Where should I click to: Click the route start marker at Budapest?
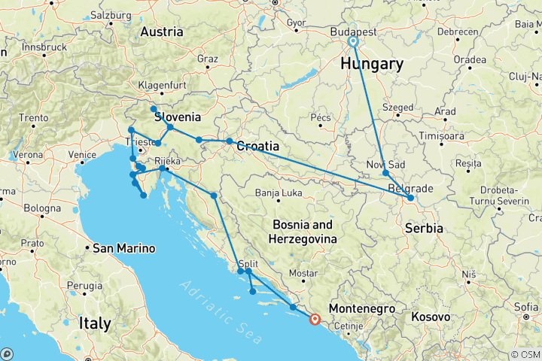[x=352, y=42]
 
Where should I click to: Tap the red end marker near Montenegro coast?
[x=315, y=319]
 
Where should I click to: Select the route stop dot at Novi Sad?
[x=385, y=173]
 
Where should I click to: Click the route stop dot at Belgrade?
[x=410, y=199]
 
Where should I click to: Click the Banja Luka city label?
[x=279, y=192]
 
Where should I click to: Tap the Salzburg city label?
[x=110, y=15]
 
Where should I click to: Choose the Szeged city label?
[x=398, y=108]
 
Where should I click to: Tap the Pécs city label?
[x=320, y=118]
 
